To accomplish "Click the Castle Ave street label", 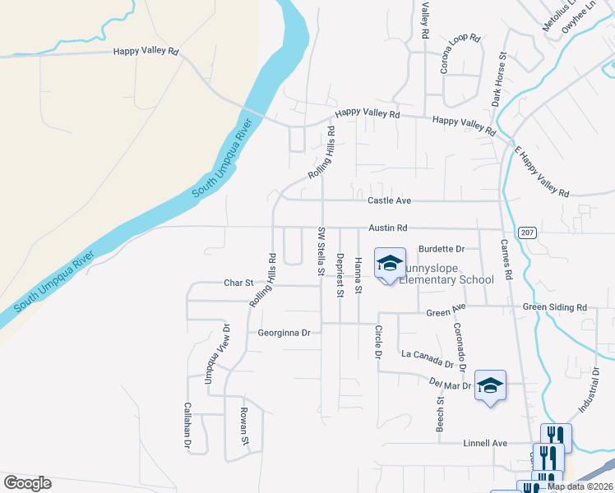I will pos(389,200).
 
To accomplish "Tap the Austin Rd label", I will pos(388,228).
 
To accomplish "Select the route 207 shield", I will pos(528,233).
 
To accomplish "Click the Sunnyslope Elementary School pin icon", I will pos(390,263).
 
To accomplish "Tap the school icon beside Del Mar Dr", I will pos(490,385).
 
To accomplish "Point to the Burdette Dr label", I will pos(442,248).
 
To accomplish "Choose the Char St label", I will pos(238,283).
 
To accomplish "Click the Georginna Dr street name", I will pos(284,333).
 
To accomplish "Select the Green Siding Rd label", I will pos(555,308).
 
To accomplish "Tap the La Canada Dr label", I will pos(428,358).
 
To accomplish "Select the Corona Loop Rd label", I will pos(461,54).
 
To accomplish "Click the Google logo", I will pos(27,482).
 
